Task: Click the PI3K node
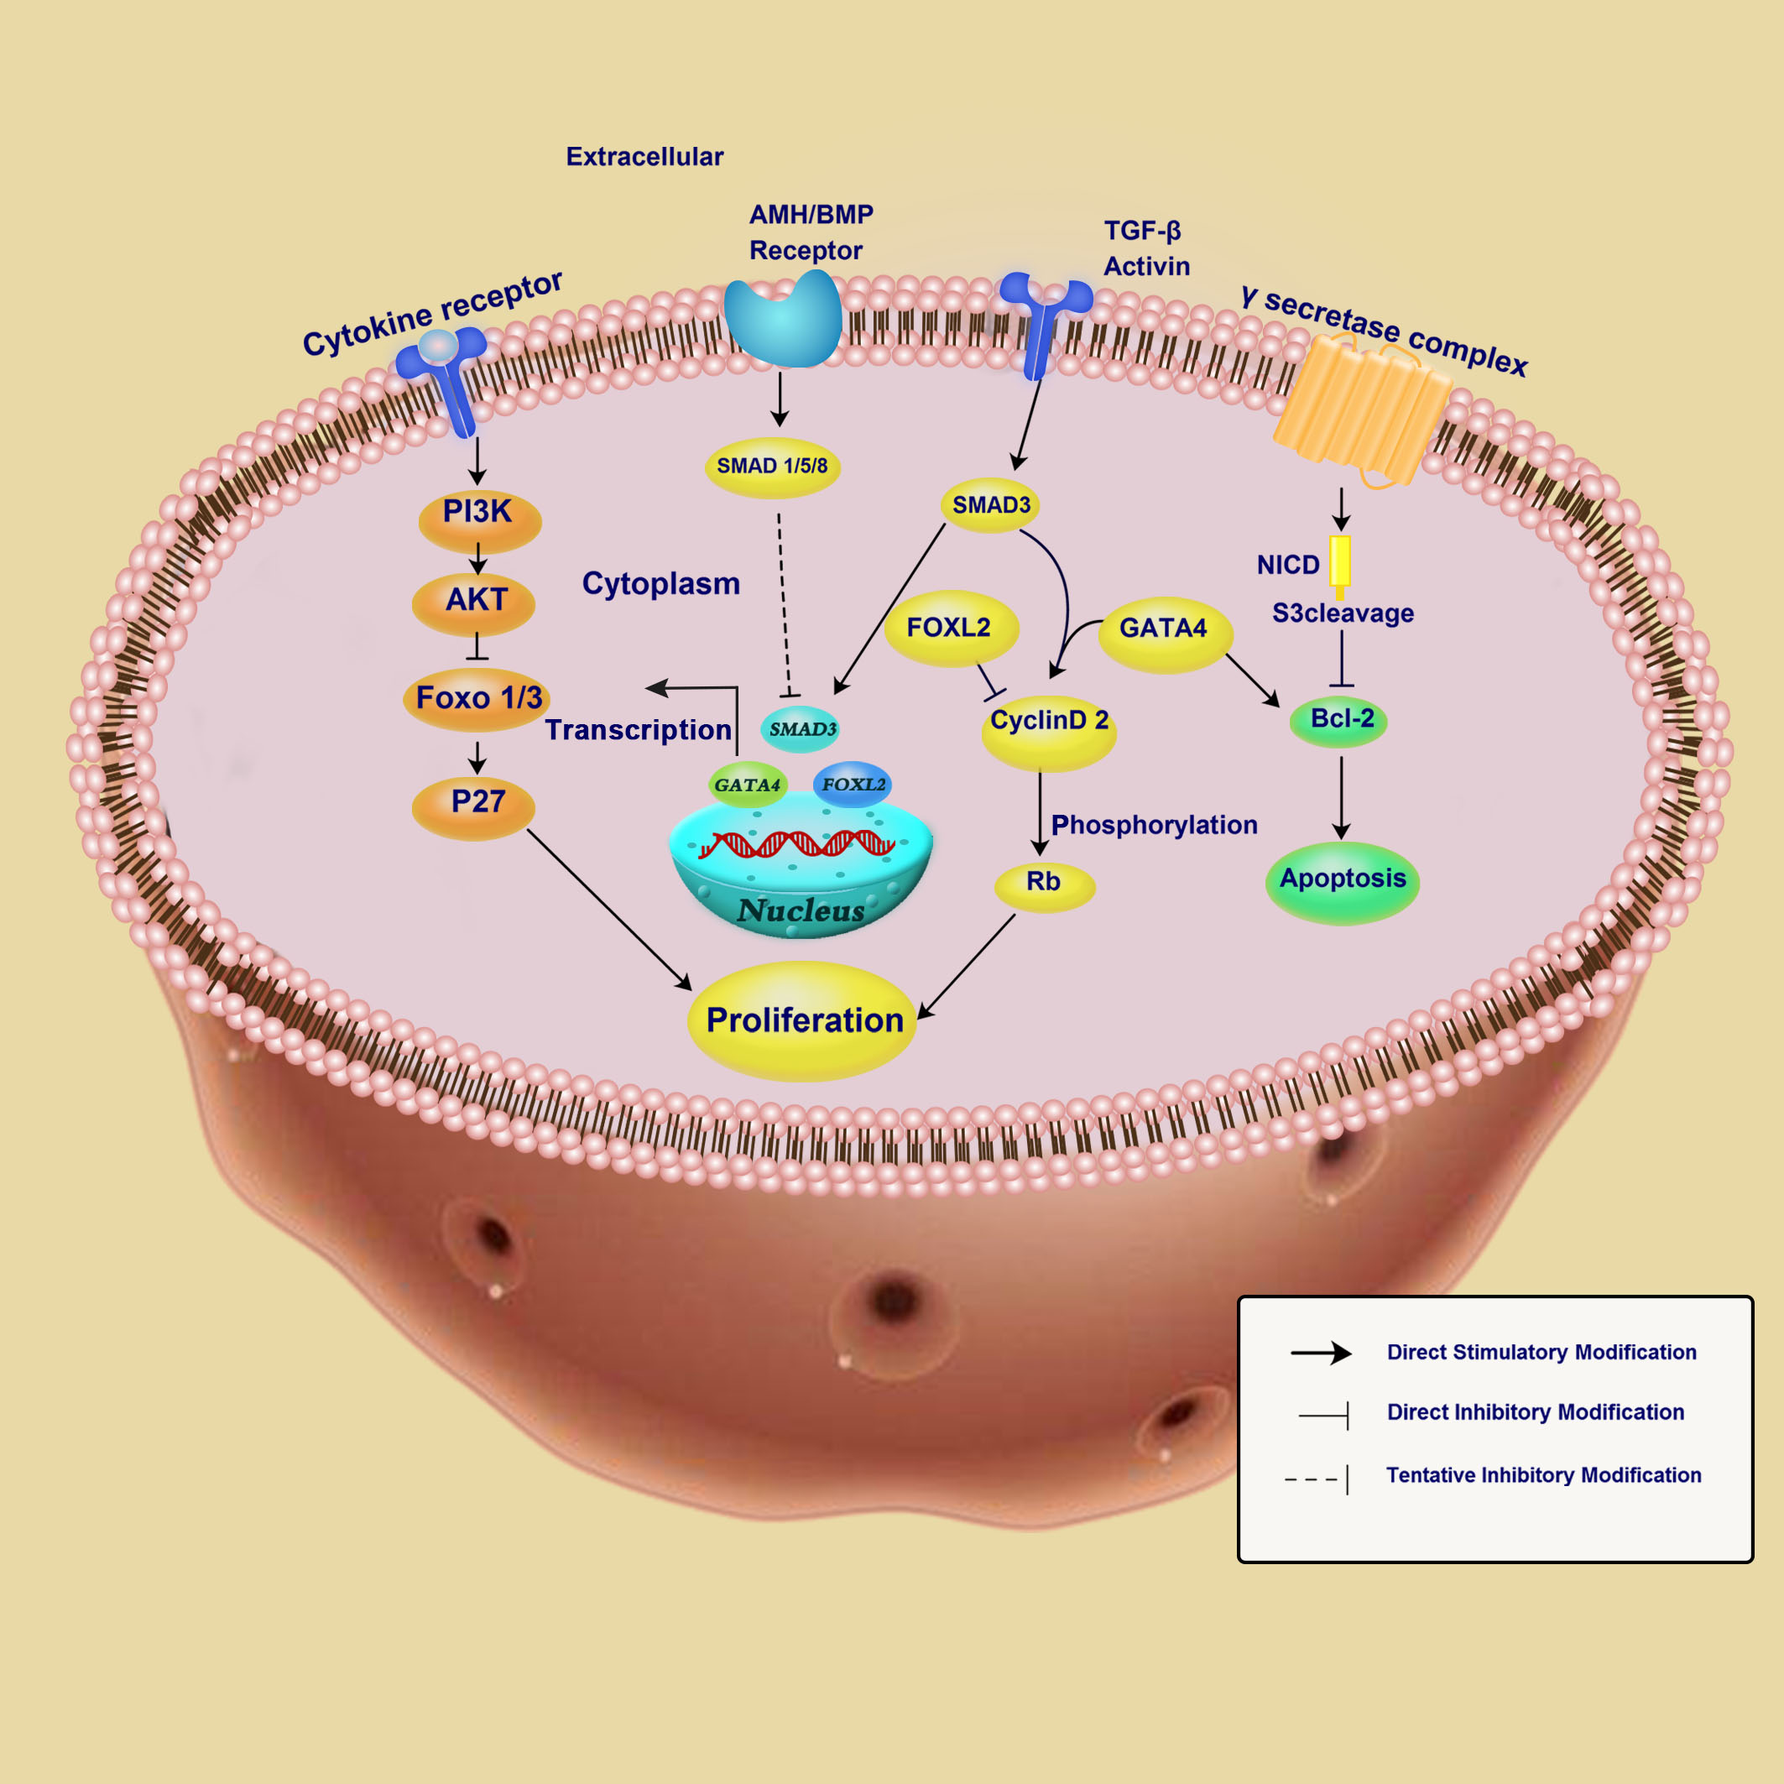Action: coord(479,521)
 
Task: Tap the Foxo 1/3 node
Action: coord(477,700)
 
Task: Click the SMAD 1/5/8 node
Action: coord(773,468)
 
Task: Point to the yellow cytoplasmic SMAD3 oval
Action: coord(991,505)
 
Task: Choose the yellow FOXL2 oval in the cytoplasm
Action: coord(951,629)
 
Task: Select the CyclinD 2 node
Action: coord(1049,733)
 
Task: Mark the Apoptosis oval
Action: coord(1342,883)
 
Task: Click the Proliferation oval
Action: coord(801,1021)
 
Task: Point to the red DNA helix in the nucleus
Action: coord(796,843)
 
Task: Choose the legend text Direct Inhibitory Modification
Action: coord(1536,1412)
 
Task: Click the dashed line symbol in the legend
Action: coord(1316,1479)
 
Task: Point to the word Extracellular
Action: coord(644,157)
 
